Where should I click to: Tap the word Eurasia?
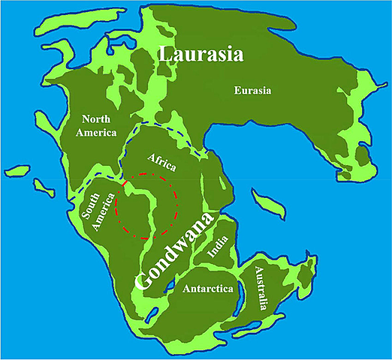pos(252,91)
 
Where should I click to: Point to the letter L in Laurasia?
pos(164,54)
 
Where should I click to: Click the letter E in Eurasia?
pos(236,91)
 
